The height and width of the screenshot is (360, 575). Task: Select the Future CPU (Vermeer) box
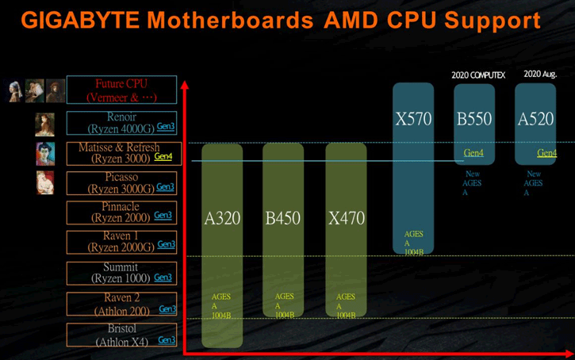[121, 90]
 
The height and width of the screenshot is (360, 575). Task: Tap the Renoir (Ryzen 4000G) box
[121, 122]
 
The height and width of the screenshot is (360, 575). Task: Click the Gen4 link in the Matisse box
[163, 157]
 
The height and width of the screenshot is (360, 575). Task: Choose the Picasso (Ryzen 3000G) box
[121, 182]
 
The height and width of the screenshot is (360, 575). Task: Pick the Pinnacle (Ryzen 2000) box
[121, 212]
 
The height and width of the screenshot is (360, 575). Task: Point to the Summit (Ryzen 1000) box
[121, 272]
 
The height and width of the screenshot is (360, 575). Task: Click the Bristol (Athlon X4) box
[121, 335]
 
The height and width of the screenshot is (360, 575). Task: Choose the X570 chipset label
[413, 120]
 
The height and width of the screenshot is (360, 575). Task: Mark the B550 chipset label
[474, 120]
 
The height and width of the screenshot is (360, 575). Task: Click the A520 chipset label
[535, 120]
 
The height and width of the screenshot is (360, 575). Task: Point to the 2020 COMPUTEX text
[478, 75]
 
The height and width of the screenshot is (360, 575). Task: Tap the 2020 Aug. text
[540, 74]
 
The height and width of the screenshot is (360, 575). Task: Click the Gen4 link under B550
[473, 153]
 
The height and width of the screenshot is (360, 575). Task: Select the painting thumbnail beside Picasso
[44, 182]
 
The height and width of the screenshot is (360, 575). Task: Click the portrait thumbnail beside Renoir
[44, 124]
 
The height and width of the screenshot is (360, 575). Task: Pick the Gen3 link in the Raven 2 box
[167, 309]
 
